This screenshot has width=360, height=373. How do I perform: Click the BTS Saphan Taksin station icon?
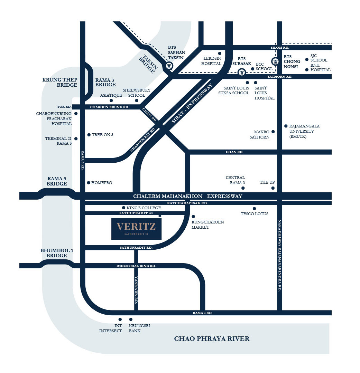169,66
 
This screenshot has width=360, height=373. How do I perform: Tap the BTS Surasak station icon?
242,72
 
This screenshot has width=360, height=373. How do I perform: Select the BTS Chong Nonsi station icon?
276,62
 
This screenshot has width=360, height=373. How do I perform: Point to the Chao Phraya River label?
212,338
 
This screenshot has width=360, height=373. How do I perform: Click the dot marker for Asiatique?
111,101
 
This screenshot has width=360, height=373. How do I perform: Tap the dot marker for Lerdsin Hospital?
220,54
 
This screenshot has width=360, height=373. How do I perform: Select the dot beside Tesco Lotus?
254,208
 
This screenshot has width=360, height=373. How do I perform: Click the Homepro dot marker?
89,183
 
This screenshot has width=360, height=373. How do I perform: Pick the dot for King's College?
123,208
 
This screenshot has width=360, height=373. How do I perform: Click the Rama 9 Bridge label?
57,181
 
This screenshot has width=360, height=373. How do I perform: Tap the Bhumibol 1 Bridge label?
57,253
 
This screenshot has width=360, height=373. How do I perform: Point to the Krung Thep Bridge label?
60,82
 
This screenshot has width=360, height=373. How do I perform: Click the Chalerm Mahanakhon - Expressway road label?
188,196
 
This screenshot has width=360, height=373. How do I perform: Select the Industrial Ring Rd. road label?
136,266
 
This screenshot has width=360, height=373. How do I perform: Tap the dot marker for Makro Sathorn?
273,132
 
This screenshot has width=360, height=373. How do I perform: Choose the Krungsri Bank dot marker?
131,319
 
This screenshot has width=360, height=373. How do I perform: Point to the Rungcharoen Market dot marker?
193,217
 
